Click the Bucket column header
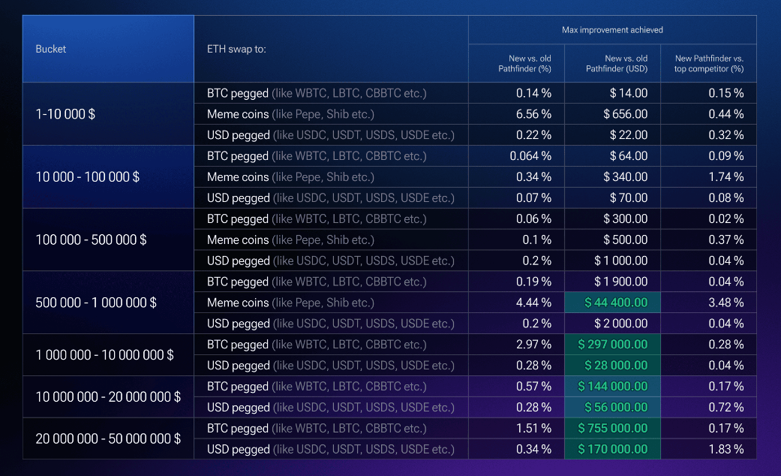tap(50, 49)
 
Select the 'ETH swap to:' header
tap(236, 49)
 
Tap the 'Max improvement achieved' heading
tap(612, 30)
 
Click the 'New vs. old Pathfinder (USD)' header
tap(617, 63)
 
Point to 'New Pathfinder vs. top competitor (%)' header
tap(709, 63)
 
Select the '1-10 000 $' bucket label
tap(65, 114)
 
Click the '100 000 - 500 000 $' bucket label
tap(91, 240)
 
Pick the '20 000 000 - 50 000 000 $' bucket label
tap(108, 438)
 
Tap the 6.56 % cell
tap(533, 114)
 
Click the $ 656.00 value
tap(625, 114)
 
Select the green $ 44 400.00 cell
tap(612, 303)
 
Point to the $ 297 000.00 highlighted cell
tap(612, 345)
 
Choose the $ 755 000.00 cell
tap(612, 428)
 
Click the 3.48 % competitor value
tap(725, 303)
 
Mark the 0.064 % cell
tap(530, 156)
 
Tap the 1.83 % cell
tap(725, 449)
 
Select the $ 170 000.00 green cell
tap(612, 449)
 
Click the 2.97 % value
tap(533, 345)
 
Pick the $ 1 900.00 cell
tap(620, 282)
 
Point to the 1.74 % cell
tap(725, 177)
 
